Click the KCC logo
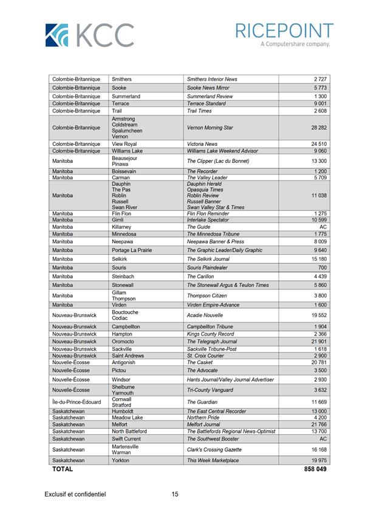tap(89, 35)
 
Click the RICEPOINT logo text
tap(284, 31)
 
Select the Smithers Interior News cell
tap(212, 79)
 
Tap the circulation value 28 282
tap(319, 128)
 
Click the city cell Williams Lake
tap(127, 151)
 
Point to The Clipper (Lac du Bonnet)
tap(218, 161)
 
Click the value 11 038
tap(319, 196)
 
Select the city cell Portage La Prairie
tap(132, 250)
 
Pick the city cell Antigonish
tap(125, 362)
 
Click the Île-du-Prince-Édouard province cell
tap(77, 402)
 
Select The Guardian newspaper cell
tap(202, 402)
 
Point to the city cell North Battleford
tap(129, 431)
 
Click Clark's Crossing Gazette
tap(214, 450)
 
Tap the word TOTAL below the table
tap(63, 469)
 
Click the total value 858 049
tap(315, 469)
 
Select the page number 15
tap(175, 495)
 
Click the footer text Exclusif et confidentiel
tap(75, 495)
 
